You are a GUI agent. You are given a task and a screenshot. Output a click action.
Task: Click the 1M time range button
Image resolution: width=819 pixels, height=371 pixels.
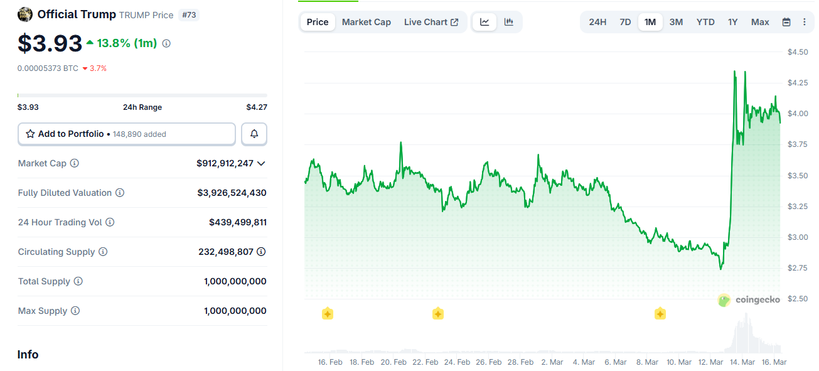pyautogui.click(x=650, y=22)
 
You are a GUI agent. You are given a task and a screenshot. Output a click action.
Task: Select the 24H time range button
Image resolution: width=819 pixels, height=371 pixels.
pyautogui.click(x=597, y=22)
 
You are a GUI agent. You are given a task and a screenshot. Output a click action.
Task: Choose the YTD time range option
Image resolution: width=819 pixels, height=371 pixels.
pyautogui.click(x=705, y=22)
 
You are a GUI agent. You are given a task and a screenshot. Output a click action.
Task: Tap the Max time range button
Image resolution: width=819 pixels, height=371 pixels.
pyautogui.click(x=760, y=22)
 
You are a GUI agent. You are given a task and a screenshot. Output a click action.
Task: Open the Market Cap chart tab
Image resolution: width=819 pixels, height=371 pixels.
pyautogui.click(x=367, y=22)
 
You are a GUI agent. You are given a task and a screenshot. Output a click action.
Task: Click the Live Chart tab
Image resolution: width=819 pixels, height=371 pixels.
pyautogui.click(x=431, y=22)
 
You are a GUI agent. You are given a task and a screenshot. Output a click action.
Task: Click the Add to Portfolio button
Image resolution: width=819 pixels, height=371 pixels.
pyautogui.click(x=126, y=134)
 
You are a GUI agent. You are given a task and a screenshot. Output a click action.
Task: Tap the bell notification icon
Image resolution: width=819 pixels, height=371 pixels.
pyautogui.click(x=254, y=134)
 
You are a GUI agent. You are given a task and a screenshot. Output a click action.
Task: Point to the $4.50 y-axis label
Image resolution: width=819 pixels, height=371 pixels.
pyautogui.click(x=798, y=52)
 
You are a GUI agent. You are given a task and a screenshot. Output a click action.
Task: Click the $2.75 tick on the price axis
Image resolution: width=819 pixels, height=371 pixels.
pyautogui.click(x=798, y=268)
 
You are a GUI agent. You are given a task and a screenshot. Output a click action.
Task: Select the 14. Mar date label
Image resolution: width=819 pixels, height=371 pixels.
pyautogui.click(x=742, y=362)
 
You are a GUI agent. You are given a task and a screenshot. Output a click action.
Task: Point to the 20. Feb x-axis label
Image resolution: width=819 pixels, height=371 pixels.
pyautogui.click(x=393, y=362)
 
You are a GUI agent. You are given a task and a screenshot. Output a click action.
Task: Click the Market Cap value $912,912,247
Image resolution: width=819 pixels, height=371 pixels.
pyautogui.click(x=225, y=163)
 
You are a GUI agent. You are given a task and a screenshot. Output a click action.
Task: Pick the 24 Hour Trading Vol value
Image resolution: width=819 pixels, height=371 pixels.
pyautogui.click(x=237, y=222)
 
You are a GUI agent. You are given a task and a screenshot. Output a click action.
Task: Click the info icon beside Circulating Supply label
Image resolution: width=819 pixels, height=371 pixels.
pyautogui.click(x=103, y=252)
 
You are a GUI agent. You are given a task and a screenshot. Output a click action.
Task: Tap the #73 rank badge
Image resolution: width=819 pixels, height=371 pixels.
pyautogui.click(x=189, y=14)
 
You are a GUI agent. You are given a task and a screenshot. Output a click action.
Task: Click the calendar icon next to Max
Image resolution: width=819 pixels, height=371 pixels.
pyautogui.click(x=786, y=22)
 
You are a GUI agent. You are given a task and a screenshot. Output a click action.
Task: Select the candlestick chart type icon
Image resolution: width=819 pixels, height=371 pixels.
pyautogui.click(x=509, y=22)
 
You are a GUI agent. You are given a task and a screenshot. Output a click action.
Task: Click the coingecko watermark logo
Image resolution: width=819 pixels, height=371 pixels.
pyautogui.click(x=749, y=300)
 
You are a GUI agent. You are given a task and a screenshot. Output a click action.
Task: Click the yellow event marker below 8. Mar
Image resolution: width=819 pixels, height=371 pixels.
pyautogui.click(x=660, y=314)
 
